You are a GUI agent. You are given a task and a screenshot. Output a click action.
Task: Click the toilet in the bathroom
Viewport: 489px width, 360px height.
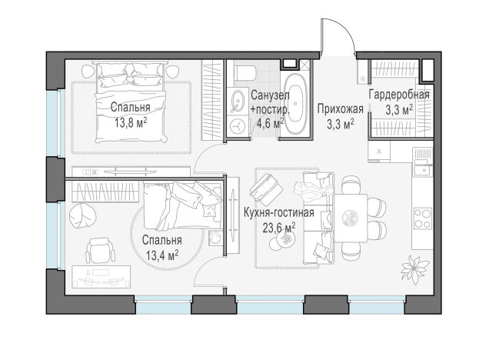[244, 72]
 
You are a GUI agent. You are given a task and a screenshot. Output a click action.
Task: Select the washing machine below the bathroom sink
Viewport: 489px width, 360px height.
[238, 125]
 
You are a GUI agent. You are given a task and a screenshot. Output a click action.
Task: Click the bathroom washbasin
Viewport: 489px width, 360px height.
[238, 101]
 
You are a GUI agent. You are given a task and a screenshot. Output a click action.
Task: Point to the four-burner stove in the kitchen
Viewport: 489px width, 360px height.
[423, 218]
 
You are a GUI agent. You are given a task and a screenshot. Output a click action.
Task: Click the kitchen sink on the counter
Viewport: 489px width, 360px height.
[423, 170]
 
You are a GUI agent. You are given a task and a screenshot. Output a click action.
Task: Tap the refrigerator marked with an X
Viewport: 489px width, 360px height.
[379, 152]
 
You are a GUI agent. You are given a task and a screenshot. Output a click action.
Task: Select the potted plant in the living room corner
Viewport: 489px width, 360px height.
[414, 269]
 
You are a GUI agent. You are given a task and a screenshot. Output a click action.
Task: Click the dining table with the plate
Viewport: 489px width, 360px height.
[351, 218]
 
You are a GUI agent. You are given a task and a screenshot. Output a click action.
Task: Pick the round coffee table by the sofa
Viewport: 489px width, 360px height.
[284, 239]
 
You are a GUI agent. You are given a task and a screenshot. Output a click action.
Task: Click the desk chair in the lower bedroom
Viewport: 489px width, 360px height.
[101, 250]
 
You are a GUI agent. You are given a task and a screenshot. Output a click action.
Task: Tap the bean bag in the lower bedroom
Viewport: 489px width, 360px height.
[82, 216]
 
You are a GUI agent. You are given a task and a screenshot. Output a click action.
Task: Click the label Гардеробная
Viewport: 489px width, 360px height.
[399, 95]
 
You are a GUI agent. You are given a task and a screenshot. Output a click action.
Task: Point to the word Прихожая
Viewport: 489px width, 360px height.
[341, 109]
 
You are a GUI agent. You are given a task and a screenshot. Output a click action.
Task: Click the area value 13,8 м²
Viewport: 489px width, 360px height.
[131, 122]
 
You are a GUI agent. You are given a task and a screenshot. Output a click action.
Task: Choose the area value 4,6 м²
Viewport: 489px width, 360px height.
[270, 123]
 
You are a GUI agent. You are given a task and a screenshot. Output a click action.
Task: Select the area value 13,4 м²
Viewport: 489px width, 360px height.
[162, 256]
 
